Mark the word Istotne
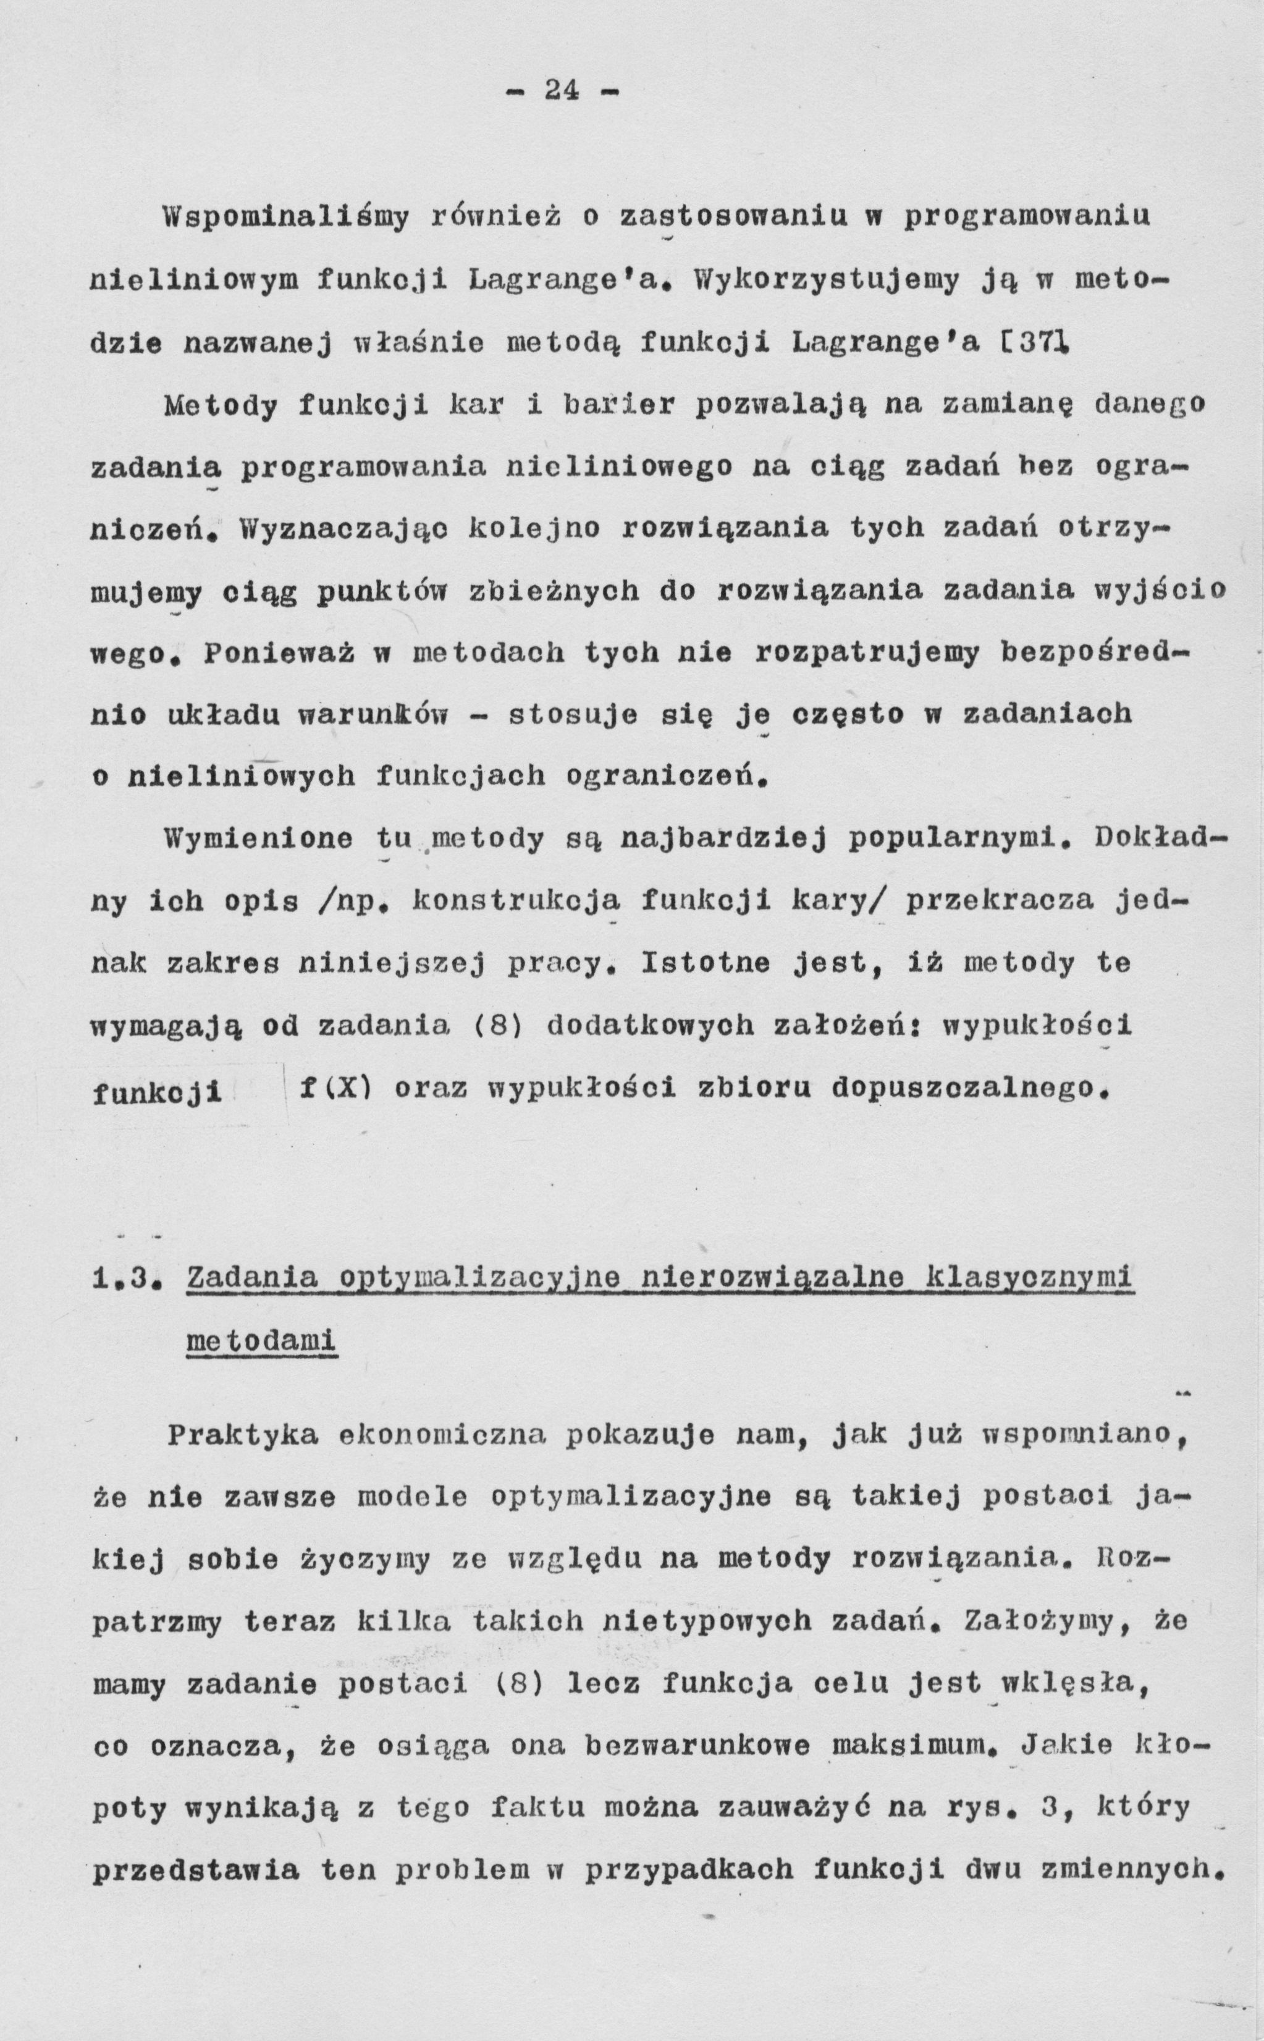click(707, 964)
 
